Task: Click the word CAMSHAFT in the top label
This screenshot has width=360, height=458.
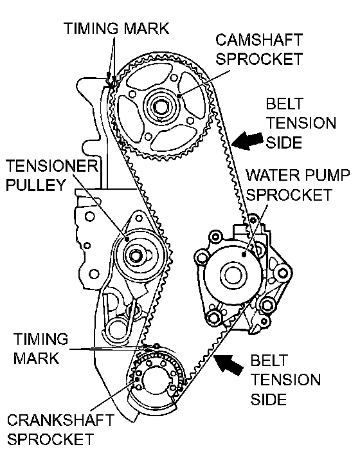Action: (x=258, y=40)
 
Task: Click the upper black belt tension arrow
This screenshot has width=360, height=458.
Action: (x=247, y=140)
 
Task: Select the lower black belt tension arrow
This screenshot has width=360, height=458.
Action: (x=230, y=363)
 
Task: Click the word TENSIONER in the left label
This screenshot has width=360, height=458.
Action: (x=52, y=166)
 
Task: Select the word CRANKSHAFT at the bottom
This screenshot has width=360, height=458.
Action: (x=60, y=420)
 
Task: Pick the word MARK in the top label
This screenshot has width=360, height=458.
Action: (x=147, y=28)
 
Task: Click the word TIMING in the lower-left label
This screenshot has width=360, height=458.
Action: (x=40, y=339)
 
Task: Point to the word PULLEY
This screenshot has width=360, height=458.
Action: (x=35, y=185)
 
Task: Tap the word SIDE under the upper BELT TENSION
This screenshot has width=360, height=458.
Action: (x=283, y=143)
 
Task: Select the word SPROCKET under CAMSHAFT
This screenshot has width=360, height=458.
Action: (x=259, y=59)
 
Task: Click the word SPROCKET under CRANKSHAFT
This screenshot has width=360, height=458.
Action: (x=51, y=439)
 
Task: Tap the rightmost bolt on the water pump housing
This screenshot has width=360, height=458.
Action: (x=283, y=273)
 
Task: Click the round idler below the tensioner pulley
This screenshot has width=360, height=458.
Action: (x=116, y=329)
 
